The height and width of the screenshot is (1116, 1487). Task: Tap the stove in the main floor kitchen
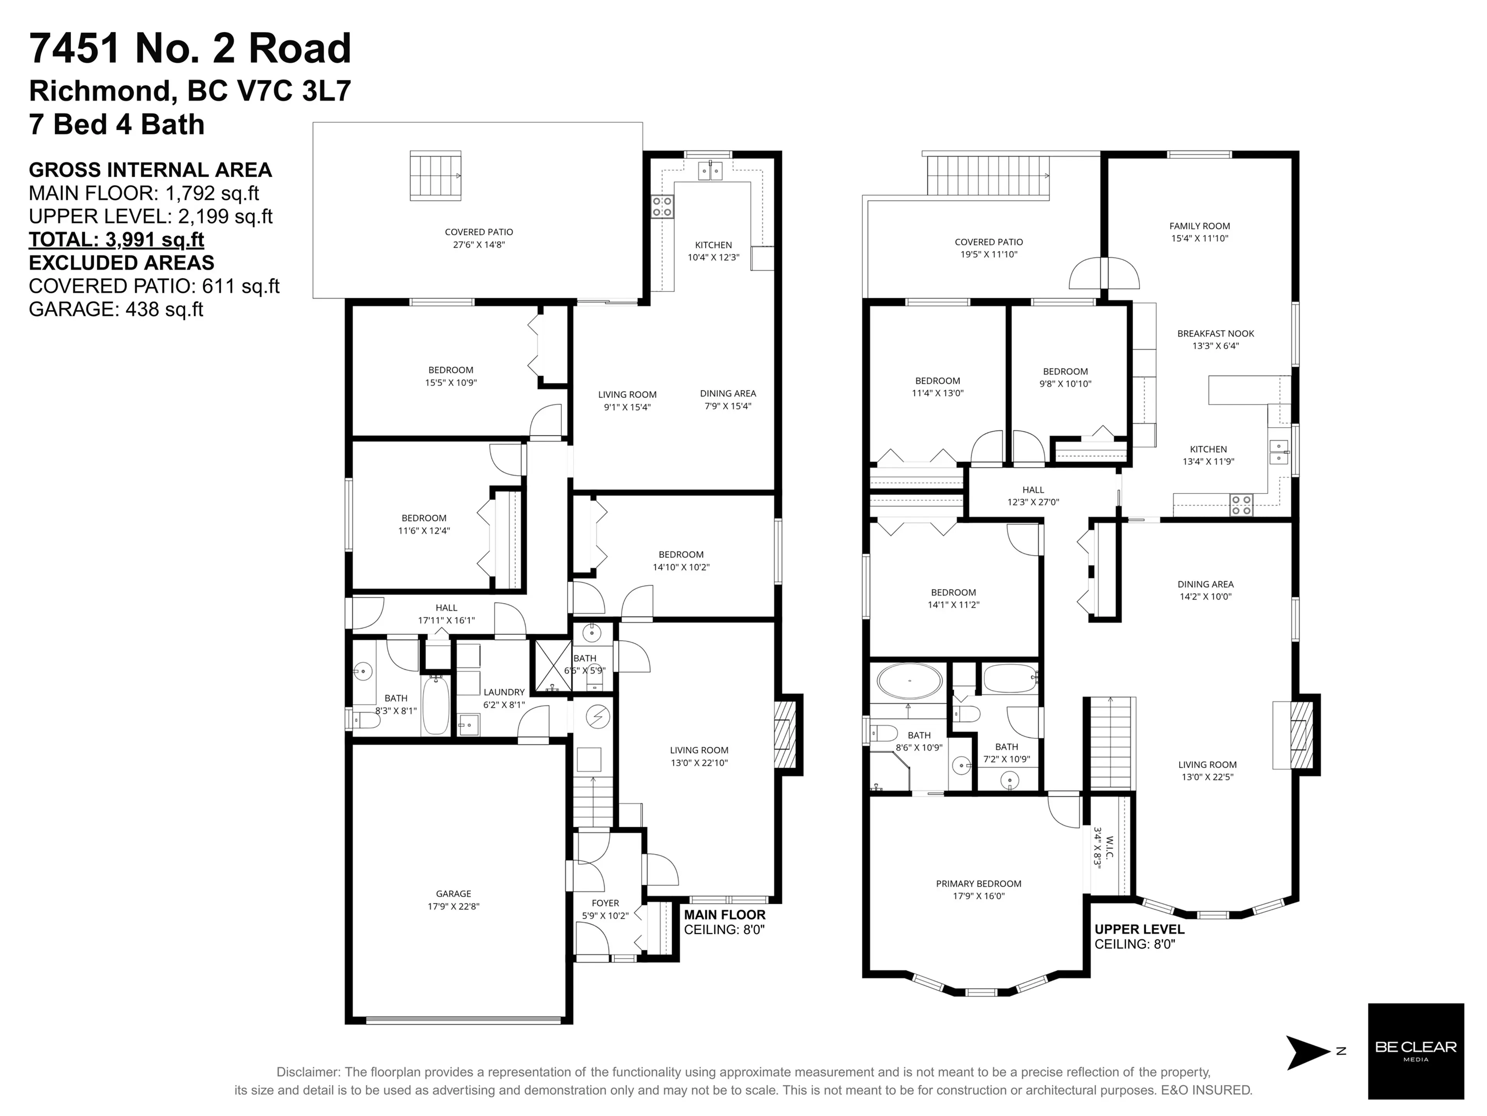tap(662, 206)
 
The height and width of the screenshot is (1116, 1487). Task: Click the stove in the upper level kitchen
tap(1241, 505)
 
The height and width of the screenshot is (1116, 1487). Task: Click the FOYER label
tap(605, 903)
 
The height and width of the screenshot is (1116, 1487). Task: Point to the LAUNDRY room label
tap(503, 692)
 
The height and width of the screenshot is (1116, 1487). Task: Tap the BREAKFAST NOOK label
tap(1216, 334)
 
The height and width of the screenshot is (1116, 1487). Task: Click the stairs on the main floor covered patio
tap(436, 175)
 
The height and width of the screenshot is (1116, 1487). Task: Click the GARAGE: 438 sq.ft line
tap(116, 309)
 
